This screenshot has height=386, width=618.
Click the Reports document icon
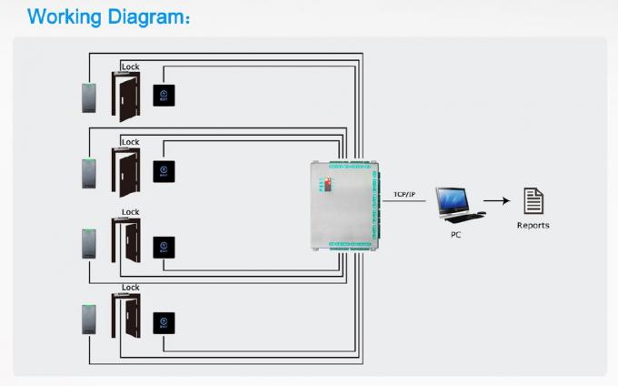pyautogui.click(x=533, y=200)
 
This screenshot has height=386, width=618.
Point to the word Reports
pyautogui.click(x=533, y=225)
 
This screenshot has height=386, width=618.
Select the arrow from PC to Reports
pyautogui.click(x=495, y=201)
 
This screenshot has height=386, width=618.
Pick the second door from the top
pyautogui.click(x=125, y=170)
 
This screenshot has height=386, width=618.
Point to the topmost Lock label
pyautogui.click(x=131, y=66)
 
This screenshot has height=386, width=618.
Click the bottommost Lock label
pyautogui.click(x=131, y=288)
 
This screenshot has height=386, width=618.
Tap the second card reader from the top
pyautogui.click(x=88, y=171)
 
